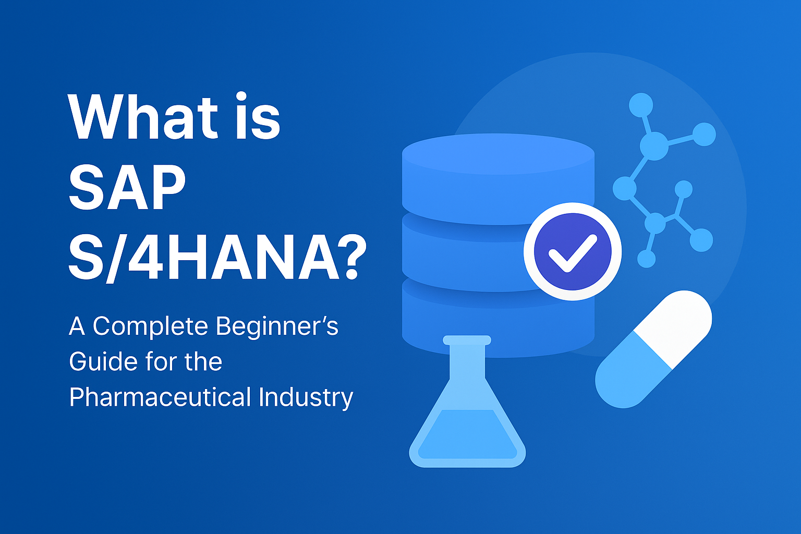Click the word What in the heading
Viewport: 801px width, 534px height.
[143, 117]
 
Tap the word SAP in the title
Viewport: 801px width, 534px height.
[127, 187]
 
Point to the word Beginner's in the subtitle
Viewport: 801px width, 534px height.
[277, 326]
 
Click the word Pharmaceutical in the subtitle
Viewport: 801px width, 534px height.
[160, 397]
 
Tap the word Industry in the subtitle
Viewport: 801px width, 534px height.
[306, 398]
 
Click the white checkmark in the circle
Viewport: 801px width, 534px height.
[573, 253]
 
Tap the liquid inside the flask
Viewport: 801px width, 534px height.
[467, 434]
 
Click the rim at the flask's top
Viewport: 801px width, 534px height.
[467, 340]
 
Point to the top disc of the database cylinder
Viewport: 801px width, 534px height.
[498, 154]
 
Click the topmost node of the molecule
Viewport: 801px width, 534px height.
[641, 105]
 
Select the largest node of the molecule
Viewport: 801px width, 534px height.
[653, 146]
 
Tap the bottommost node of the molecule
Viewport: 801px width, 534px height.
[647, 259]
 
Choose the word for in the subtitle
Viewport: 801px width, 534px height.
[161, 361]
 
